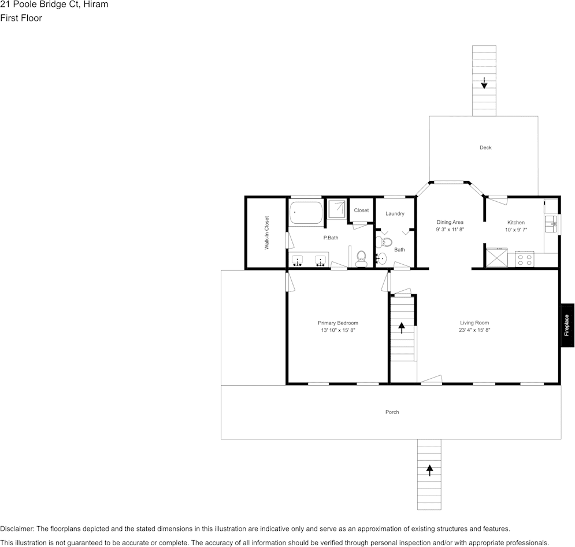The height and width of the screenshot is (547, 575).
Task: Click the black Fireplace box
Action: point(567,325)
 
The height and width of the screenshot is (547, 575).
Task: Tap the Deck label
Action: point(485,147)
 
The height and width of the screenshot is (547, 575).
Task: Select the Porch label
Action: point(392,412)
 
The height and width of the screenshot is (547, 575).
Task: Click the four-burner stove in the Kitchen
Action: point(525,259)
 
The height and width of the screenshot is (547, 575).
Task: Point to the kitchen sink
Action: point(552,221)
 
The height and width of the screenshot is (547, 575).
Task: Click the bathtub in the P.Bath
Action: point(306,213)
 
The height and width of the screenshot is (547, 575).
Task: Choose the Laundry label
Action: point(395,214)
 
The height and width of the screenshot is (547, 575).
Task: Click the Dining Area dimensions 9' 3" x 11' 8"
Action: point(450,230)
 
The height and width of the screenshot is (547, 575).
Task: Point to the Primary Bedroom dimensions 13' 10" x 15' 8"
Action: point(337,330)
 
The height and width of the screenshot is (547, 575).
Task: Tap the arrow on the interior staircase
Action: point(401,327)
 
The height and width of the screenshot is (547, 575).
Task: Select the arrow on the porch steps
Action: point(429,470)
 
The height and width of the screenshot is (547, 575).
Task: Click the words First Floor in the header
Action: point(21,18)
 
